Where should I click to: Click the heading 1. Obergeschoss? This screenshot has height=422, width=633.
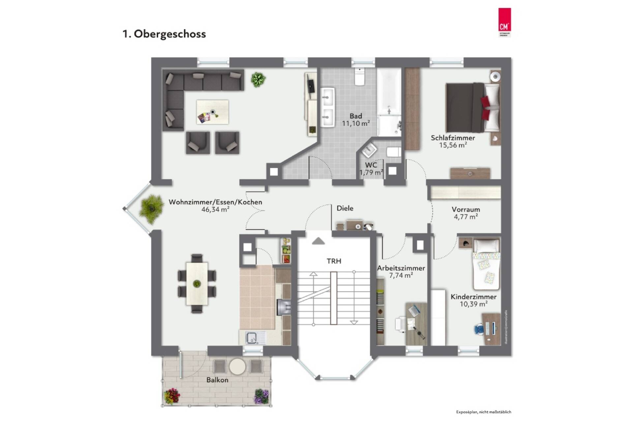coord(164,34)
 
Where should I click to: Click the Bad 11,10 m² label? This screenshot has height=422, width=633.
coord(356,120)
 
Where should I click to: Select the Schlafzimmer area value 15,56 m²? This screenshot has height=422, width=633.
coord(453,145)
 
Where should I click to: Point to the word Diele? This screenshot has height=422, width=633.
coord(345,208)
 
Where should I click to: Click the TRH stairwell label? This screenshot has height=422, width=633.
coord(334,261)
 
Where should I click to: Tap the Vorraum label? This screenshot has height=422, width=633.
coord(466,210)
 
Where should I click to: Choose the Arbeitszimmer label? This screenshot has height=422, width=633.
coord(401,268)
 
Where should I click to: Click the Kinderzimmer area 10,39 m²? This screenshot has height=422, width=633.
coord(473,304)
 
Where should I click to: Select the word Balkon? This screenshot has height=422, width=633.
coord(217,380)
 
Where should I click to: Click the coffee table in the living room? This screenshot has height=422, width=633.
coord(212,112)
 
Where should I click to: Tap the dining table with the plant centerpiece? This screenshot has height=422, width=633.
coord(197,283)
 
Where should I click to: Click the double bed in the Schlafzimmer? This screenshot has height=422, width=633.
coord(471,108)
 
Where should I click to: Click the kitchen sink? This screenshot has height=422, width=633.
coord(252,338)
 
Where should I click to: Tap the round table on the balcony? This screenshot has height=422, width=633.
coord(237,367)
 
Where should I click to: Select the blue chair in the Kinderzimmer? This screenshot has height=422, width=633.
coord(479,329)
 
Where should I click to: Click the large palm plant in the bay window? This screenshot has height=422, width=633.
coord(151,208)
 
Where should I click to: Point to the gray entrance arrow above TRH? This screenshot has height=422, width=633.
coord(318,241)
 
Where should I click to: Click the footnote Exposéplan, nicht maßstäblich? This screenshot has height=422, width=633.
coord(483,412)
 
